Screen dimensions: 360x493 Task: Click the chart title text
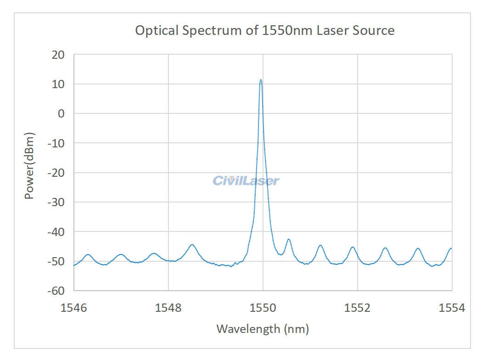coord(264,31)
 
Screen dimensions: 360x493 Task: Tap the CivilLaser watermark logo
coord(246,180)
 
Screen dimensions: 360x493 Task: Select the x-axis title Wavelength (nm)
coord(263,329)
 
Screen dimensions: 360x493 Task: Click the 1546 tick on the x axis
coord(74,308)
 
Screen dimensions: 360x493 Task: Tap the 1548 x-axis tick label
coord(168,308)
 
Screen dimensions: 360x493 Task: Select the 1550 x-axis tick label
coord(263,308)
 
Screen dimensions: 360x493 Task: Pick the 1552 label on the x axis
coord(358,308)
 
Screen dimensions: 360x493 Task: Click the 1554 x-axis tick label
coord(452,308)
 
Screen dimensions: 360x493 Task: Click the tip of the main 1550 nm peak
coord(261,79)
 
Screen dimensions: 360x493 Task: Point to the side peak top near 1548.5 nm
coord(192,245)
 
